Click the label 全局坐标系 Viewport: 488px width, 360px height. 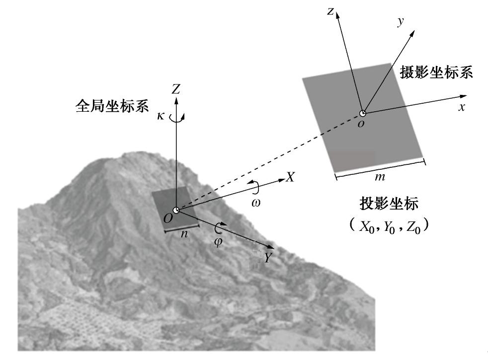coord(111,106)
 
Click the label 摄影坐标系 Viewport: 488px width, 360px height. coord(436,72)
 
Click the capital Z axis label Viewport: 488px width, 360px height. coord(175,89)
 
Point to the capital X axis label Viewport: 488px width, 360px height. coord(290,177)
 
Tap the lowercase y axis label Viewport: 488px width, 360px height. coord(400,21)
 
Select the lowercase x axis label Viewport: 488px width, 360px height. coord(462,107)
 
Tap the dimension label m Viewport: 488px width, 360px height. coord(382,177)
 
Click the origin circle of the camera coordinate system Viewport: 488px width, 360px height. coord(363,113)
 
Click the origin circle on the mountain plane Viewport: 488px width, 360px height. coord(176,211)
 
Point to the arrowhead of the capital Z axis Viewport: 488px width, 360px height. coord(176,98)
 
